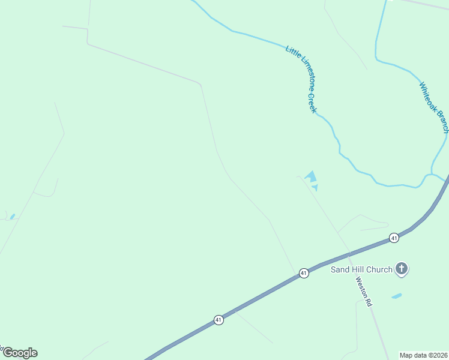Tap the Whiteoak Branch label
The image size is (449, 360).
click(x=434, y=107)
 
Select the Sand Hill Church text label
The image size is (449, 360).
click(x=361, y=269)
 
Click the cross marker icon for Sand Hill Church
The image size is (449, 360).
click(x=402, y=269)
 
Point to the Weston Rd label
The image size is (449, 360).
click(x=364, y=292)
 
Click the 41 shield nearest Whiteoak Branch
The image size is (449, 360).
click(x=394, y=238)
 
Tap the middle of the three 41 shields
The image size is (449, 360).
click(x=304, y=274)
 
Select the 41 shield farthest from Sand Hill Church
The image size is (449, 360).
click(x=218, y=320)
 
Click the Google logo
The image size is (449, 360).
click(x=20, y=353)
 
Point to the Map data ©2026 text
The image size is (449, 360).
click(x=423, y=355)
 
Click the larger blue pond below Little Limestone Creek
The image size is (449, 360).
click(x=311, y=177)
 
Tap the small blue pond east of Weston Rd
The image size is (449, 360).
click(x=396, y=296)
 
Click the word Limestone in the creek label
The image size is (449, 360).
click(x=301, y=76)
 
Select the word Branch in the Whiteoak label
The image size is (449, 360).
click(x=442, y=122)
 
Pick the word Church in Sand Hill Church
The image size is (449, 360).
click(x=380, y=269)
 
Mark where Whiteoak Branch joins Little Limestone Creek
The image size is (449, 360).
click(x=431, y=175)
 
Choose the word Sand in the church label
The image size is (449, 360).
click(x=340, y=269)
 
